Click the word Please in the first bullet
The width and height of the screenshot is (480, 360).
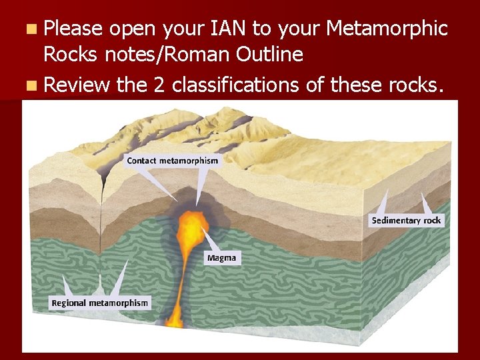pyautogui.click(x=73, y=29)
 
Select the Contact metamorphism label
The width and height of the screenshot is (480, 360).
pyautogui.click(x=172, y=160)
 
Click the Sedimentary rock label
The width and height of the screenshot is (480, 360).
pyautogui.click(x=406, y=220)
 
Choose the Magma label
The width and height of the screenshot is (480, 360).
pyautogui.click(x=221, y=257)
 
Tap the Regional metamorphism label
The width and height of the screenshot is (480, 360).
pyautogui.click(x=100, y=303)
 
